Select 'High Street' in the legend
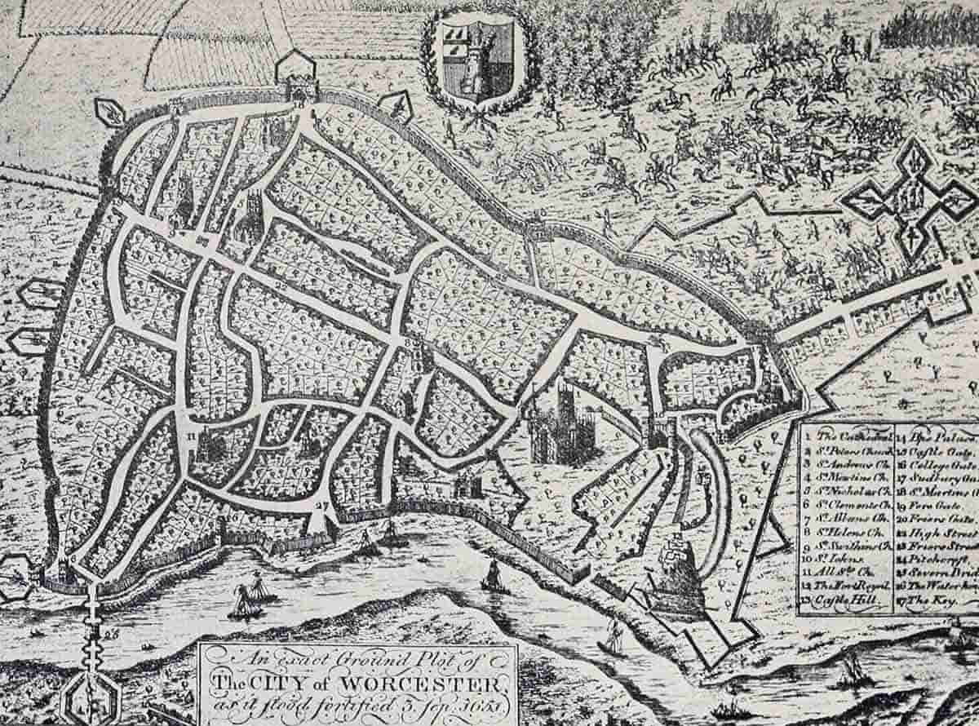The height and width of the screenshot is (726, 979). point(946,532)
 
